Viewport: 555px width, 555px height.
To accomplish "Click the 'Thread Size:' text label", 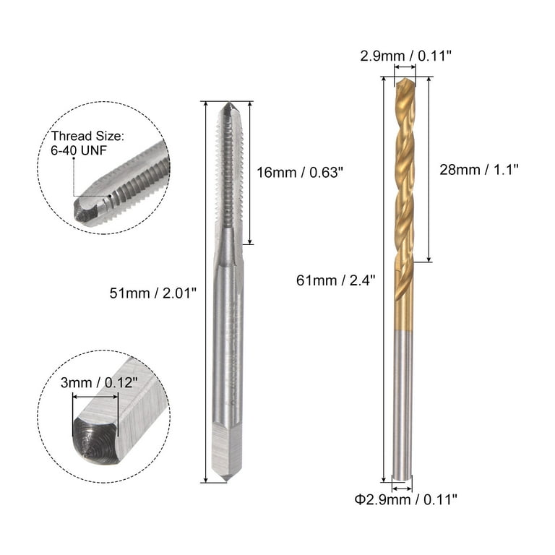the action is [x=87, y=136].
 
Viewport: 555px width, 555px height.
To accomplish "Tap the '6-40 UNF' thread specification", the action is [x=79, y=150].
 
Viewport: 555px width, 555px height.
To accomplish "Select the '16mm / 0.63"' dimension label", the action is [x=300, y=173].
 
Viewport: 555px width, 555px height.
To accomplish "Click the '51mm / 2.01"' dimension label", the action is [x=152, y=293].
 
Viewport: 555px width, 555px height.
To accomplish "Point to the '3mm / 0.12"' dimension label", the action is [x=99, y=382].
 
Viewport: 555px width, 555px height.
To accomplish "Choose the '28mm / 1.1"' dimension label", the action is [x=479, y=170].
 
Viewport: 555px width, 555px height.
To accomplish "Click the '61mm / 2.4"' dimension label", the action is [x=335, y=280].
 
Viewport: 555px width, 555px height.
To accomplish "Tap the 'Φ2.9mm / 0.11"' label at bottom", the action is [x=405, y=500].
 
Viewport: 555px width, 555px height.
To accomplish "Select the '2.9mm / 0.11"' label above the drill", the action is [x=406, y=56].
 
